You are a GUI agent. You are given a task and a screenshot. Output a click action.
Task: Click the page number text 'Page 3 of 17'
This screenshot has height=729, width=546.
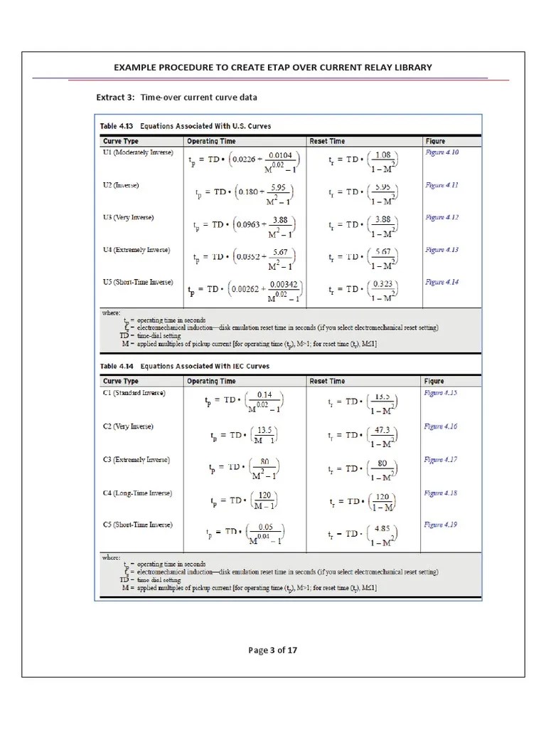272,649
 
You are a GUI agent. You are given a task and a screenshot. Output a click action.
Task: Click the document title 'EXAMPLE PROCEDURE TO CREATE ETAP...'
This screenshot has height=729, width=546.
272,68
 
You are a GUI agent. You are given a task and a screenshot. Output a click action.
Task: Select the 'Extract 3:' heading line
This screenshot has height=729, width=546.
176,97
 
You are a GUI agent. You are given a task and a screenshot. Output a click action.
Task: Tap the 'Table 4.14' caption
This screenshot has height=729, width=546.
184,366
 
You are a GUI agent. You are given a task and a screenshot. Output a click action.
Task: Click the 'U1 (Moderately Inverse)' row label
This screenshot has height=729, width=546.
138,152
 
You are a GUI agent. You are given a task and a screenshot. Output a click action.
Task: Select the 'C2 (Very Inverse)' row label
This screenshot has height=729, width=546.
128,426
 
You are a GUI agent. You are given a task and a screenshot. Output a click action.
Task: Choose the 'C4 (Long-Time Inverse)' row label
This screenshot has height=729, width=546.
137,493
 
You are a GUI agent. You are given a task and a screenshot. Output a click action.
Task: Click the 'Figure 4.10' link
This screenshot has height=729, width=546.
441,152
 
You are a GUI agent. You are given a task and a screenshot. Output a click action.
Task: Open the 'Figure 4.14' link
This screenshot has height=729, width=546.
441,282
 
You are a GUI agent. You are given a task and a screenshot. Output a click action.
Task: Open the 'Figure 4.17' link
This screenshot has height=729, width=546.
441,460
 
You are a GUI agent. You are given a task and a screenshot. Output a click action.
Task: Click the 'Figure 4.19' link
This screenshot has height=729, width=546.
441,525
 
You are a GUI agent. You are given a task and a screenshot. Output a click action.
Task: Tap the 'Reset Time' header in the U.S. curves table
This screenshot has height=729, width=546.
327,141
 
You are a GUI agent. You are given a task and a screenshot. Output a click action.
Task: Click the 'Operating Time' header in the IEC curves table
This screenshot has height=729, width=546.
211,381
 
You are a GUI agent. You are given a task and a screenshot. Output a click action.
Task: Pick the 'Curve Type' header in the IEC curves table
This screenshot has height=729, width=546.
121,381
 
